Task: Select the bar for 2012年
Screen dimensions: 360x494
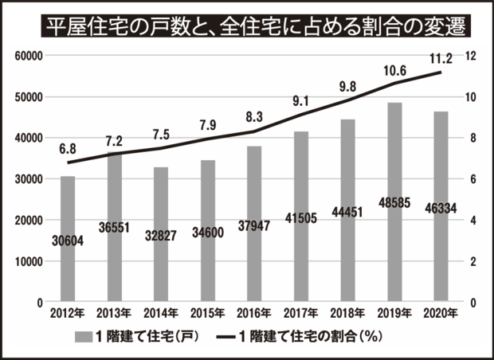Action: click(67, 239)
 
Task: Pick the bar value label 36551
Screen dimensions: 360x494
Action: click(114, 226)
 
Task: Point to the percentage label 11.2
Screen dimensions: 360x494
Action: click(441, 58)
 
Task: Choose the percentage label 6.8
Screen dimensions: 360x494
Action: click(67, 148)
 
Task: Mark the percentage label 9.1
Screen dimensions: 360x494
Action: click(301, 101)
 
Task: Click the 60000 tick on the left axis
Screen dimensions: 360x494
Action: click(27, 56)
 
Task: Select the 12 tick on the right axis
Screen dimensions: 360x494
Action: click(471, 56)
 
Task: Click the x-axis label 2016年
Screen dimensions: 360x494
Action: click(254, 312)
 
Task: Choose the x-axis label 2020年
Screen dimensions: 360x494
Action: click(441, 312)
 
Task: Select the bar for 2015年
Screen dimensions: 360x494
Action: click(207, 231)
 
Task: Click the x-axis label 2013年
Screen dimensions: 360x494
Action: click(114, 312)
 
